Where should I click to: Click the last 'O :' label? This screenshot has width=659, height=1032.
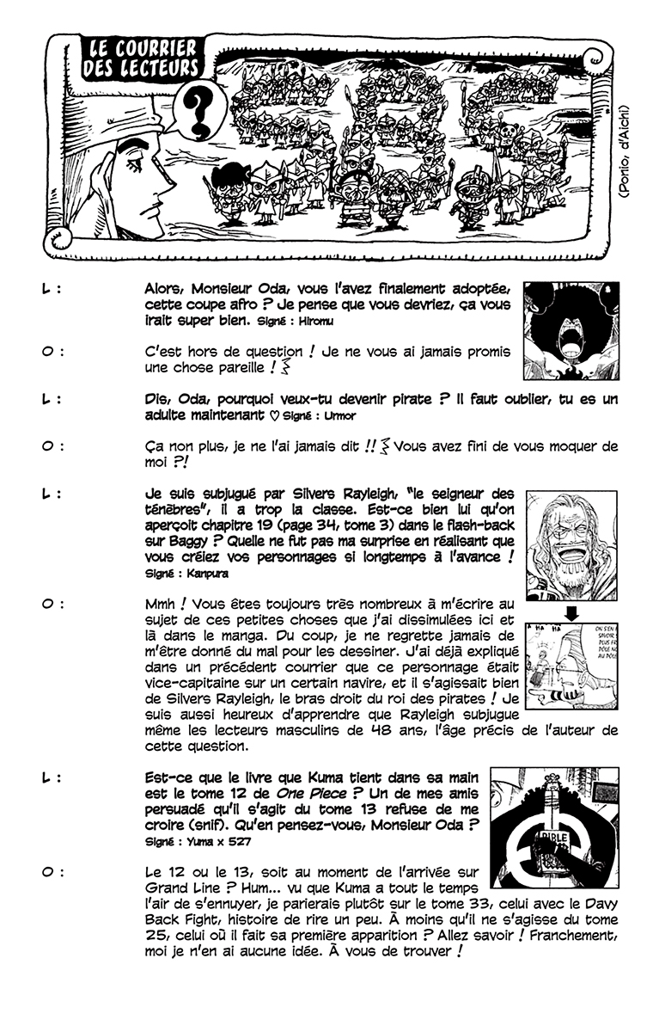tap(51, 871)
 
